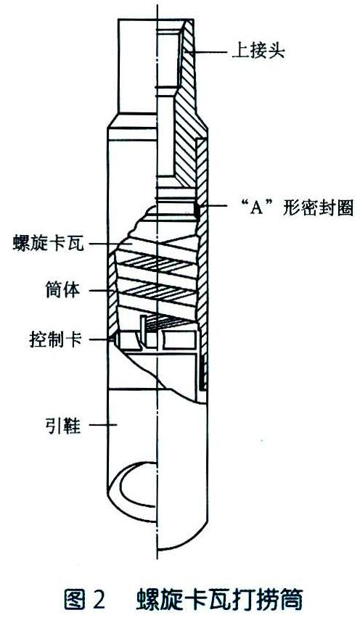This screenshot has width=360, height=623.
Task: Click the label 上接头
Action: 258,51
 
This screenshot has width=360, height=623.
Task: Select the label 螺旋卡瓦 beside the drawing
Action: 49,243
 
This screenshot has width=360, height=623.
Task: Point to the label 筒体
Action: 62,290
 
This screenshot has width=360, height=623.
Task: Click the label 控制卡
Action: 56,339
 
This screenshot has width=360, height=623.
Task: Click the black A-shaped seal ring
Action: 197,210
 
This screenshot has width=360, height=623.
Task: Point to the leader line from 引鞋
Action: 102,425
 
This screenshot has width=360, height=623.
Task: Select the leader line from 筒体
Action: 102,291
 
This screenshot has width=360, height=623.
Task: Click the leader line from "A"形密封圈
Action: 216,206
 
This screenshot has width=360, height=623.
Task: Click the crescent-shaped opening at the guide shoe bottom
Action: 134,484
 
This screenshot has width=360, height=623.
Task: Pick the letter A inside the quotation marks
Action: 257,208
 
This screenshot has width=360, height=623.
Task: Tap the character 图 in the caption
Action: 73,599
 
